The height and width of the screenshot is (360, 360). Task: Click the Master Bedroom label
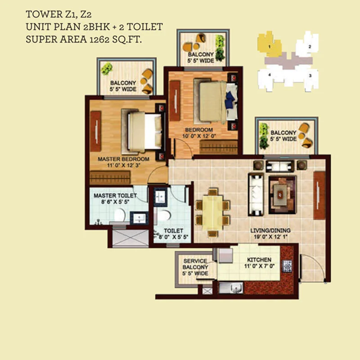123,159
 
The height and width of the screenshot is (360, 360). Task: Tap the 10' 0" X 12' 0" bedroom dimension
199,136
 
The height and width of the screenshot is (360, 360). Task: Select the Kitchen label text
259,260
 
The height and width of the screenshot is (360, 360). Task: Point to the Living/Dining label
270,230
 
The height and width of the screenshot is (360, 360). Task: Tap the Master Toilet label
115,196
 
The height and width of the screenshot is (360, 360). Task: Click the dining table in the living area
212,212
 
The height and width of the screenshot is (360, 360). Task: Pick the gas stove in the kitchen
287,266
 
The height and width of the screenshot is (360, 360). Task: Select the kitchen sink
231,288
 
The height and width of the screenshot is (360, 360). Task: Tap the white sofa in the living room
256,195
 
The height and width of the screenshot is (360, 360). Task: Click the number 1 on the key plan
269,47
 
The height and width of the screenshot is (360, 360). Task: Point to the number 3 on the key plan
310,76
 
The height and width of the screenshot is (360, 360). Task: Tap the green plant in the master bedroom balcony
107,69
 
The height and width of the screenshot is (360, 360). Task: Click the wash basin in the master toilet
139,218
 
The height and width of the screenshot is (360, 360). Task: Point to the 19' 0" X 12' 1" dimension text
271,237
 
